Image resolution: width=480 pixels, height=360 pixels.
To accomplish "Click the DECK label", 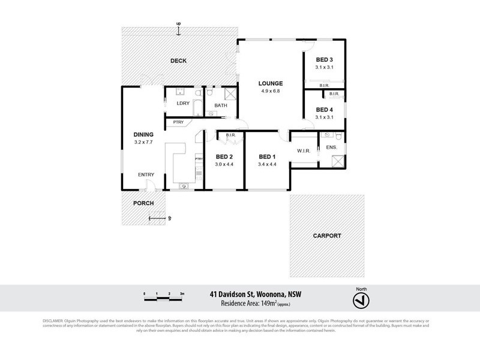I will (179, 61).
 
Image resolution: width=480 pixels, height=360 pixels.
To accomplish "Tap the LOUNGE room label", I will (271, 83).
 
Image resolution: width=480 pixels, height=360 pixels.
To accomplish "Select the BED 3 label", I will (325, 59).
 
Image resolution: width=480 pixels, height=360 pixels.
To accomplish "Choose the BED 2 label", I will (224, 157).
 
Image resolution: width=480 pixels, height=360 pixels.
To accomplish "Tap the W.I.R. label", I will (302, 151).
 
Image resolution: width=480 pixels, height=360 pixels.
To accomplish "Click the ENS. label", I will (331, 147).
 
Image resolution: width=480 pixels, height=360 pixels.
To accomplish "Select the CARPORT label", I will (326, 236).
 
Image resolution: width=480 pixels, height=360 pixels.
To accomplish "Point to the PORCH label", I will (143, 203).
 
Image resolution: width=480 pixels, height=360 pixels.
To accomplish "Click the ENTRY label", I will (146, 175).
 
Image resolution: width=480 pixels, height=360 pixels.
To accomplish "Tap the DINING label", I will (143, 134).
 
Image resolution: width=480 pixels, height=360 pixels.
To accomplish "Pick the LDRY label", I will (183, 104).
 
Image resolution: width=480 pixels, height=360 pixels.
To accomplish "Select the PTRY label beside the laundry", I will (178, 122).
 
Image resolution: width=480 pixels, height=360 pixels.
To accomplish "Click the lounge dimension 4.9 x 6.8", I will (271, 91).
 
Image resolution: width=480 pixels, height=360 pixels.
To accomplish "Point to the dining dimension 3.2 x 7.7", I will (143, 142).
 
